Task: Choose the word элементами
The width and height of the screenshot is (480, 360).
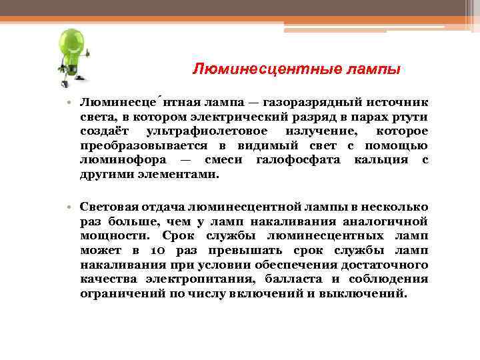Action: click(180, 175)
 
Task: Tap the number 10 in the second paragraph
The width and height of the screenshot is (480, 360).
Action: click(155, 251)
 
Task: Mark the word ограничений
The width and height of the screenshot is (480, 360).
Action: click(115, 294)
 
